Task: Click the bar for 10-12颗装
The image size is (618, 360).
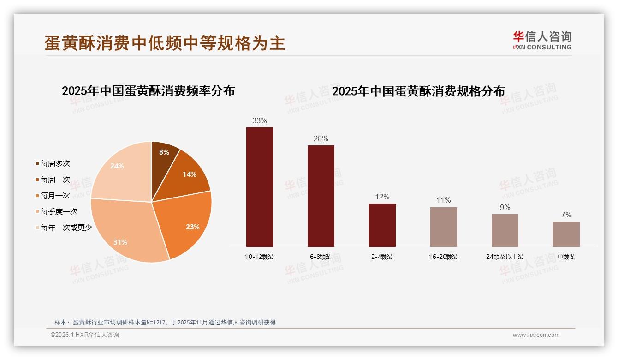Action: tap(259, 187)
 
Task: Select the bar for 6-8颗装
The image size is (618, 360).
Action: tap(321, 196)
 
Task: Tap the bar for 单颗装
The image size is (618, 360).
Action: tap(566, 234)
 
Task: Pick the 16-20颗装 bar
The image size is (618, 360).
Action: tap(443, 227)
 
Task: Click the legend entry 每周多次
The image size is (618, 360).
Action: tap(55, 164)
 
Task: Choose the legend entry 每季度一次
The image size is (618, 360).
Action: tap(59, 212)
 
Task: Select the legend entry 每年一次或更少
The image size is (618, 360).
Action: tap(66, 228)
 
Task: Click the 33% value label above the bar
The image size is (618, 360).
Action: tap(259, 121)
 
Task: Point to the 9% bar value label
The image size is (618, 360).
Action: tap(505, 208)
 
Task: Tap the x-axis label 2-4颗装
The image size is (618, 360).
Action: tap(382, 257)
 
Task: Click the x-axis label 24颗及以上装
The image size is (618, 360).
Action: tap(505, 257)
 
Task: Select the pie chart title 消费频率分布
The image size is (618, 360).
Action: tap(148, 91)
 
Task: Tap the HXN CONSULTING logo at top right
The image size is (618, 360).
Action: tap(542, 41)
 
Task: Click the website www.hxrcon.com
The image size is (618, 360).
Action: tap(536, 335)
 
